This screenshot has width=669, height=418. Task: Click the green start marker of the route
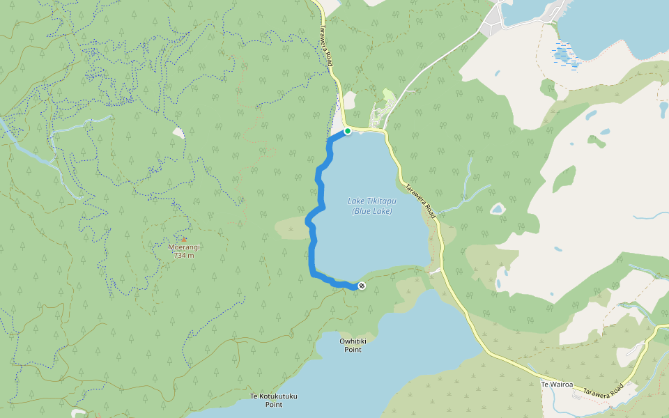(x=347, y=131)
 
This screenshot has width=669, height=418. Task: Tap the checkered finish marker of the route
(x=362, y=286)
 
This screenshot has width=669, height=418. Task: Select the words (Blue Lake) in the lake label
(x=371, y=211)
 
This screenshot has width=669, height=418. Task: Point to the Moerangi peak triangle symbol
(x=184, y=239)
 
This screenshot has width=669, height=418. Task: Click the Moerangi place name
(x=184, y=247)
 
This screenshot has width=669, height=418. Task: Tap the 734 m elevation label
(x=184, y=255)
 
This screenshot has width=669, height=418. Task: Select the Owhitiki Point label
(x=353, y=345)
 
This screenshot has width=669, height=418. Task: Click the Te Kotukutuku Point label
(x=274, y=400)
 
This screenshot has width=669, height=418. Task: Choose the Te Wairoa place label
(x=557, y=384)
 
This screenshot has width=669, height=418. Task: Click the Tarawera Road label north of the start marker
(x=326, y=49)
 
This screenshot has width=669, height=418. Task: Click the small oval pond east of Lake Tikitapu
(x=497, y=208)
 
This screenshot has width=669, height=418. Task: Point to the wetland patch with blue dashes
(x=565, y=56)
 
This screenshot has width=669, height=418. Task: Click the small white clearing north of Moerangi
(x=180, y=132)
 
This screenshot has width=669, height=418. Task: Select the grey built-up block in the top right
(x=496, y=17)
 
